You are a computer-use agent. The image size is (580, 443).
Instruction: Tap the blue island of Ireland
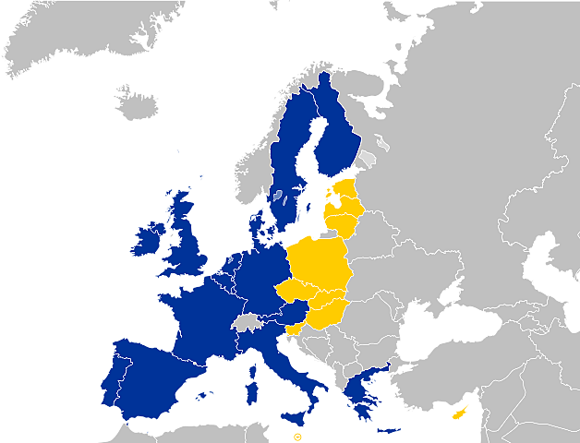pos(148,243)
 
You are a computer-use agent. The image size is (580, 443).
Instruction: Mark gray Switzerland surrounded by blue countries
pos(247,321)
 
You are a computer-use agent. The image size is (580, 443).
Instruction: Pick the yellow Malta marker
pos(297,436)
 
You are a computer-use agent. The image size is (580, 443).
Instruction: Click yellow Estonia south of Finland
pos(343,194)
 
